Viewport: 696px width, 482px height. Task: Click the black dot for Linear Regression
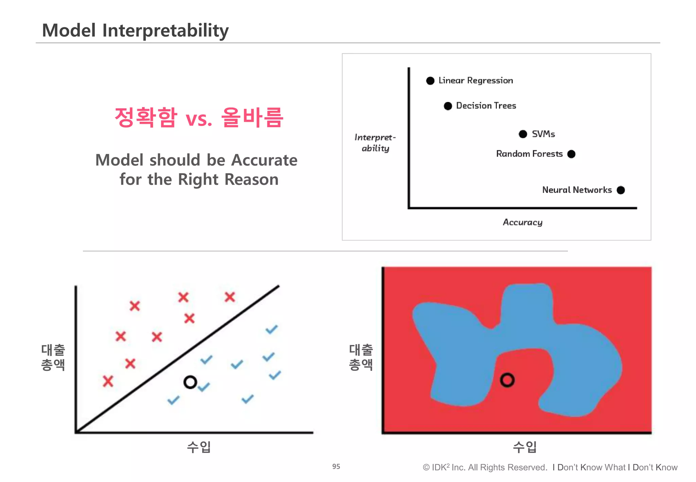coord(430,81)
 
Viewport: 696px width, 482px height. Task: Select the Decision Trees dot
coord(448,106)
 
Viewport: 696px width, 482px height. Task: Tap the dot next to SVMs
coord(523,134)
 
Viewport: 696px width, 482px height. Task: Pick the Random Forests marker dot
coord(572,154)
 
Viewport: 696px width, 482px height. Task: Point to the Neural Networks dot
coord(621,190)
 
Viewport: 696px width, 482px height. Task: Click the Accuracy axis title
coord(523,222)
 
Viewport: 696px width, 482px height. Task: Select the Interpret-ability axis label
coord(375,143)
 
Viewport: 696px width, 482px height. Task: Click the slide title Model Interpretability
coord(135,30)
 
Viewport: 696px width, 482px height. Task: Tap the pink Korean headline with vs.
coord(199,117)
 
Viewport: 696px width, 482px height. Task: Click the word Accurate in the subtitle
coord(264,160)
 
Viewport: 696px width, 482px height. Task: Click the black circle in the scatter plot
coord(190,382)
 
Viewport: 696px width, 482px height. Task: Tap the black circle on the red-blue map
coord(507,380)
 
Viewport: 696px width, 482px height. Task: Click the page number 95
coord(336,467)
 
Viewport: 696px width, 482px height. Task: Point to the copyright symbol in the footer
coord(426,468)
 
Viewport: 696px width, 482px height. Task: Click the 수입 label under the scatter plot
coord(199,447)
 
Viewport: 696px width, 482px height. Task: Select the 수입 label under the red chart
coord(525,447)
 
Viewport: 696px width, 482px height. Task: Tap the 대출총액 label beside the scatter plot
coord(53,357)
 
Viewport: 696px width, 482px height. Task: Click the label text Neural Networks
coord(577,190)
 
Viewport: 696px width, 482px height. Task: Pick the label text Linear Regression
coord(476,81)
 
